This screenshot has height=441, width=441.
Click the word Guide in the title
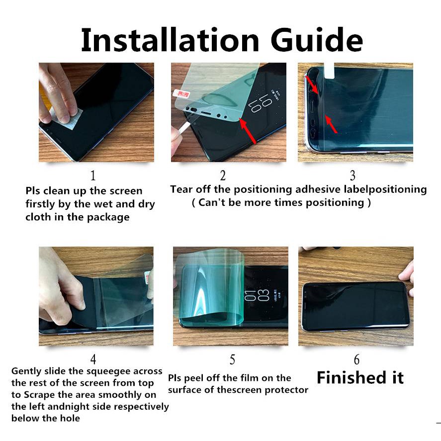point(317,40)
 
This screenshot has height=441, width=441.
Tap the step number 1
point(93,176)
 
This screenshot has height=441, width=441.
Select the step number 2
point(223,176)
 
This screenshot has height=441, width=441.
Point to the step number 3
point(353,176)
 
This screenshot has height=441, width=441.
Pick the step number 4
point(93,359)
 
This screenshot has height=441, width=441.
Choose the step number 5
point(232,359)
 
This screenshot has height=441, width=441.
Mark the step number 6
point(356,359)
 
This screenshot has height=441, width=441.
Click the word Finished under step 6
point(352,377)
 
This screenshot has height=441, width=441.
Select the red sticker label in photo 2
point(181,93)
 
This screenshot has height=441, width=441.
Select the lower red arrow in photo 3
point(331,124)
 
